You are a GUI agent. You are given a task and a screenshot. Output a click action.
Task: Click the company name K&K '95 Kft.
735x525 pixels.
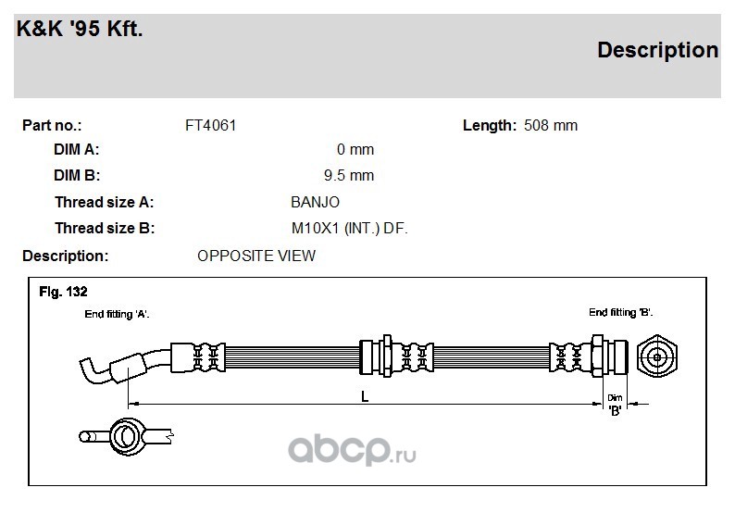(80, 29)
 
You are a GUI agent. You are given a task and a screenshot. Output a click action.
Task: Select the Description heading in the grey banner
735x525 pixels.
(657, 51)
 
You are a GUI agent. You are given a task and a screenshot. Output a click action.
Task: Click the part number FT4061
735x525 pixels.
(210, 126)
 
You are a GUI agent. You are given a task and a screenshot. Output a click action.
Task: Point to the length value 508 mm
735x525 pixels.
(550, 126)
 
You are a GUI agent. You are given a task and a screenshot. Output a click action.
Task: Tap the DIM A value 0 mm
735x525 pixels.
(355, 149)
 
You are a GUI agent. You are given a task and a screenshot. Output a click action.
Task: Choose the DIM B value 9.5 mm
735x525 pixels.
(349, 175)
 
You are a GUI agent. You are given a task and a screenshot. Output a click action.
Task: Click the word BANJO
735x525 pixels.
(315, 202)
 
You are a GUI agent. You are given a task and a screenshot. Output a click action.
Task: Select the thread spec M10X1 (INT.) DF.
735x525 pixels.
(350, 229)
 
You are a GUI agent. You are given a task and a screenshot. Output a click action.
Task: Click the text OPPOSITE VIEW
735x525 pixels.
(256, 256)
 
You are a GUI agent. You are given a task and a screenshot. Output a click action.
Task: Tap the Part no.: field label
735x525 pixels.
(52, 126)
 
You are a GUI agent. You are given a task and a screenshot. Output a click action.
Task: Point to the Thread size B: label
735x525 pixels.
(105, 229)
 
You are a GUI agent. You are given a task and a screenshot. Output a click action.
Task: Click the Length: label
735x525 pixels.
(490, 126)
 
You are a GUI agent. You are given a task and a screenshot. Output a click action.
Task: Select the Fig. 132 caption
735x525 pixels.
(63, 292)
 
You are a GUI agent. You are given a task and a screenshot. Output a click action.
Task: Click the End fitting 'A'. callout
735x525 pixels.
(117, 314)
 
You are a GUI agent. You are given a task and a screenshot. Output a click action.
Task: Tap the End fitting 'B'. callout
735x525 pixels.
(620, 312)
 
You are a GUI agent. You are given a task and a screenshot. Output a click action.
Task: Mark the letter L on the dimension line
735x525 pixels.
(365, 397)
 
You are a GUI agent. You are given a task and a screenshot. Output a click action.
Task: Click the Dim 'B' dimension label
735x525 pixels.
(615, 405)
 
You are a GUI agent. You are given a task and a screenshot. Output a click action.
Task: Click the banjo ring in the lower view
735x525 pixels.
(112, 436)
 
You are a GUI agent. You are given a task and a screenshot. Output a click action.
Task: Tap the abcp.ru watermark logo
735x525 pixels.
(352, 450)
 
